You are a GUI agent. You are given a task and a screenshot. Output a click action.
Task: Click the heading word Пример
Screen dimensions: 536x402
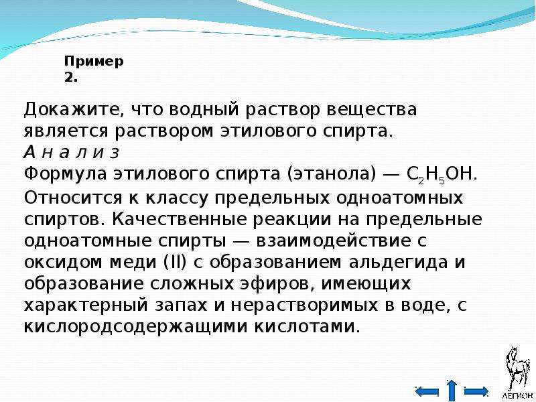pyautogui.click(x=94, y=62)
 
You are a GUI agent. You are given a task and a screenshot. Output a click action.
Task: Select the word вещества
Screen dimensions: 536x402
pyautogui.click(x=371, y=110)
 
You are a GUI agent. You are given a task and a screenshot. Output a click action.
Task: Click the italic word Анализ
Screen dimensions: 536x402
pyautogui.click(x=72, y=153)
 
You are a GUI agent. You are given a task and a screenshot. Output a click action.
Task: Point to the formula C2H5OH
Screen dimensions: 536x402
pyautogui.click(x=442, y=174)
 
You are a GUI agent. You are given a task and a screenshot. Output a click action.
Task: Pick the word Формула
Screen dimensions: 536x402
pyautogui.click(x=65, y=174)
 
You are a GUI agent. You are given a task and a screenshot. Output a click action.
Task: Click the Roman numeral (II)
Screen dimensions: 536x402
pyautogui.click(x=175, y=263)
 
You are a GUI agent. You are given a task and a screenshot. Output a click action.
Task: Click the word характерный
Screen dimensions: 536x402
pyautogui.click(x=86, y=306)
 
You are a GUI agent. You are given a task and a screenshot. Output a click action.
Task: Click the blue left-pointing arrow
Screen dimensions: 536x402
pyautogui.click(x=427, y=391)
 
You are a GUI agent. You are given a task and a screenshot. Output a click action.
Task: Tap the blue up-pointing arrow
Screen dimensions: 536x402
pyautogui.click(x=452, y=390)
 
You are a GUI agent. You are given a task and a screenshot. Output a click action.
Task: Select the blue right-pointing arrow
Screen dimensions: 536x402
pyautogui.click(x=476, y=391)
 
